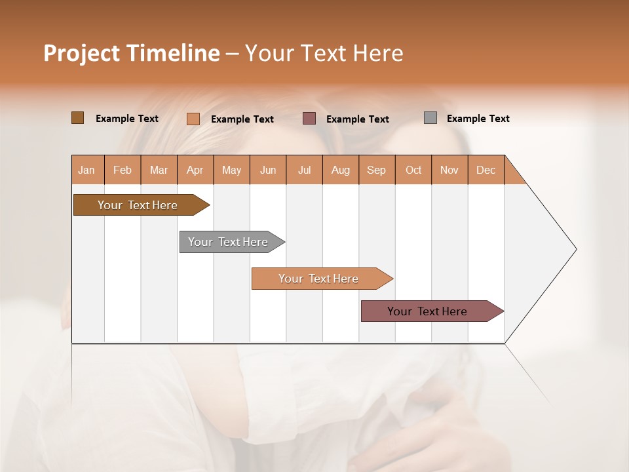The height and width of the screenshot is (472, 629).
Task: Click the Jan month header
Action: point(87,170)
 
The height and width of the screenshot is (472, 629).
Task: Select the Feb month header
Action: point(123,170)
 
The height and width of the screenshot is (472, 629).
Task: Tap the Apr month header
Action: point(195,170)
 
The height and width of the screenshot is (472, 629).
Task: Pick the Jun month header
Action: point(268,170)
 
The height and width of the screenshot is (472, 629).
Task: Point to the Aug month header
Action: point(341,170)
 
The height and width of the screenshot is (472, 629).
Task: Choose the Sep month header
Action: point(377,170)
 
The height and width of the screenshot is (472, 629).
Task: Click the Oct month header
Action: point(413,170)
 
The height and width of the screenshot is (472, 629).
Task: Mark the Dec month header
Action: point(486,170)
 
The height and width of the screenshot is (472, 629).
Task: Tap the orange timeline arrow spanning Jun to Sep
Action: point(320,279)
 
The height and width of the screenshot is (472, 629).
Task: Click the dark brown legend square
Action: point(78,118)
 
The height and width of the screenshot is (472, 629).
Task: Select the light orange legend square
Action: point(193,119)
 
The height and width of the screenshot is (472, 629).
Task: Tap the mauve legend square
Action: point(309,119)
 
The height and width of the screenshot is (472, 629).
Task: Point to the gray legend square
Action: point(430,118)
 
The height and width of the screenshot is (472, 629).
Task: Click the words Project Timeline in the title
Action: point(131,53)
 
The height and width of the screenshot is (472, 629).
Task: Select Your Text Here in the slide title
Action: point(324,53)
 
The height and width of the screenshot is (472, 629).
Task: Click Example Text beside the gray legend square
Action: point(478,119)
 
